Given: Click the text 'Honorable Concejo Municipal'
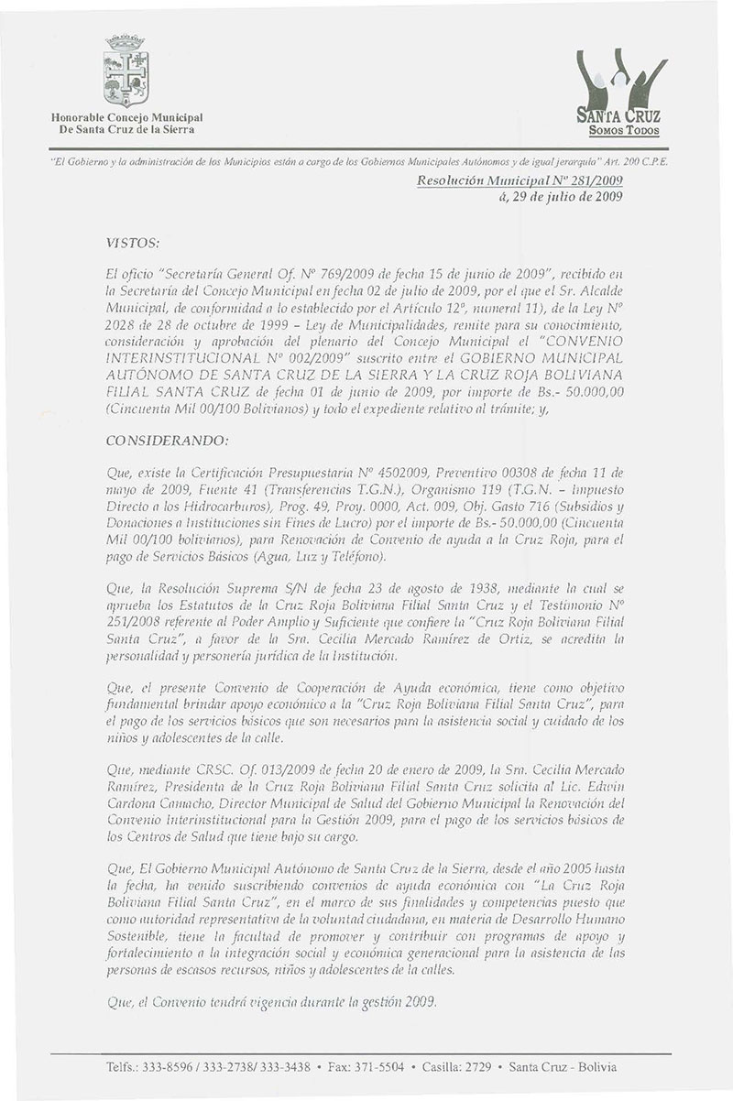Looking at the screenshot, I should (x=126, y=118).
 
